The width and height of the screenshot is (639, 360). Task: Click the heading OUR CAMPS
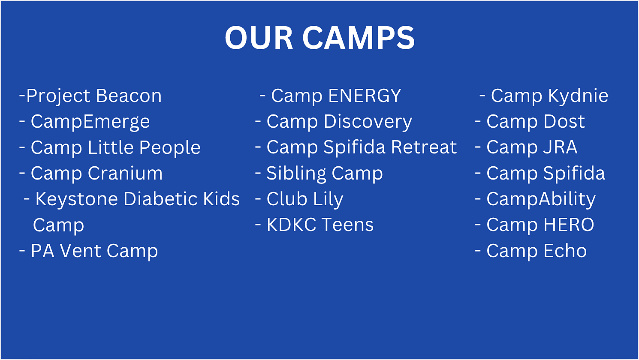319,38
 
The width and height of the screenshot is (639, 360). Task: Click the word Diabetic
161,199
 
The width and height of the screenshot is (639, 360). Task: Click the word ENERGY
365,96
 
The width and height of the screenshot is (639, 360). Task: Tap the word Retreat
424,147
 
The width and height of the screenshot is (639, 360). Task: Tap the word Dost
564,122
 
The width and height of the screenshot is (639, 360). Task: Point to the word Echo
565,251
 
